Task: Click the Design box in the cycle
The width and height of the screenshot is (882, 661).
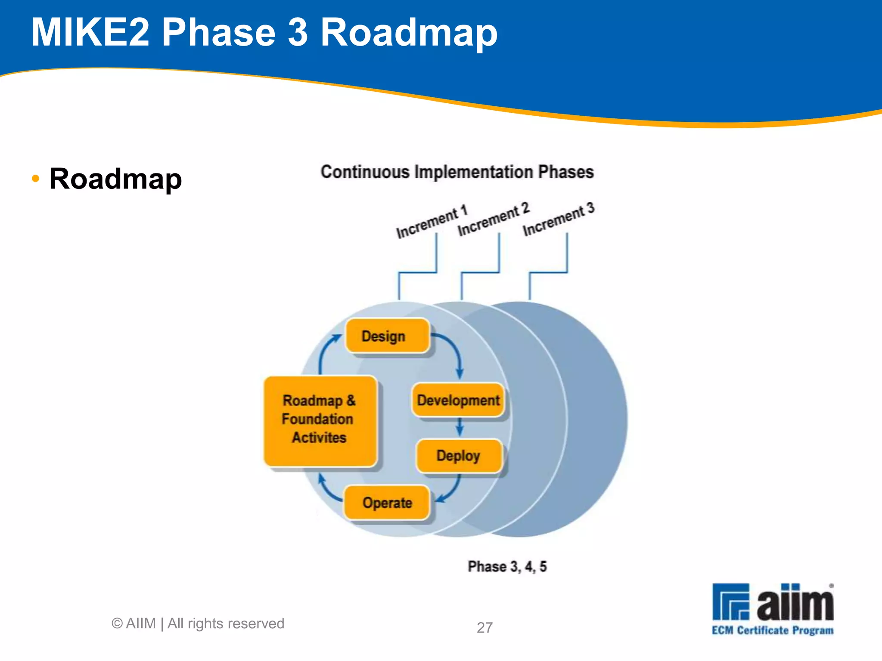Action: click(x=387, y=336)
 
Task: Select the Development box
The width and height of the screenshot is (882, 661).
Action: click(x=458, y=400)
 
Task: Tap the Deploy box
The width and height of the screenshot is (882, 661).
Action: click(x=459, y=456)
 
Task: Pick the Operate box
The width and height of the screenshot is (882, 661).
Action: click(x=387, y=503)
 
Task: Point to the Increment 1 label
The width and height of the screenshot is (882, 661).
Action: click(x=431, y=222)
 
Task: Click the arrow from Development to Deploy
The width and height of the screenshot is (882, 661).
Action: click(x=460, y=427)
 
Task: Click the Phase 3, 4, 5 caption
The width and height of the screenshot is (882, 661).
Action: click(x=507, y=567)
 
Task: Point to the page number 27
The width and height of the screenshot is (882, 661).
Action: click(x=484, y=627)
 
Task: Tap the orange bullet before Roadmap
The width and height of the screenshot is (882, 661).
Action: click(x=36, y=178)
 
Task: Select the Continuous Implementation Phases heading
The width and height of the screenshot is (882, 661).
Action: click(x=457, y=172)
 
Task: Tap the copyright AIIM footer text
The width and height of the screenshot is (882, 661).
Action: click(x=198, y=624)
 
